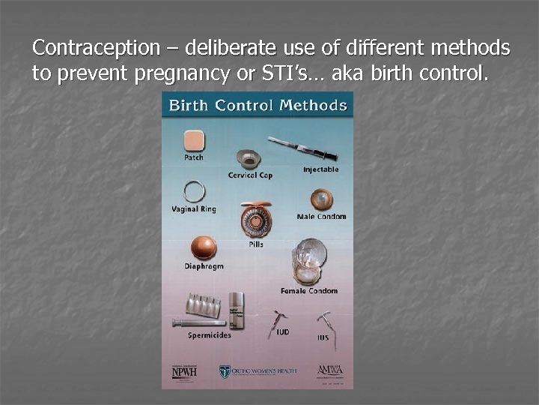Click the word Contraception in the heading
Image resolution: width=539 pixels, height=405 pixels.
click(x=97, y=49)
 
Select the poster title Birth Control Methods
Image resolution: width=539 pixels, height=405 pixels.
click(x=258, y=105)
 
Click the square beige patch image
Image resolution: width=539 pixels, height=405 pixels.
click(x=194, y=140)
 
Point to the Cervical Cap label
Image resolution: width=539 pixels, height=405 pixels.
click(x=250, y=175)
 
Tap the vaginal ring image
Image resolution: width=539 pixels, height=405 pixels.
click(x=194, y=192)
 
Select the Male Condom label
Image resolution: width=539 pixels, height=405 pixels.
click(x=321, y=217)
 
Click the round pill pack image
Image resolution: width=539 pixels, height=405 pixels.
click(x=255, y=220)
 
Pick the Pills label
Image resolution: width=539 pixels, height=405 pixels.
click(x=256, y=244)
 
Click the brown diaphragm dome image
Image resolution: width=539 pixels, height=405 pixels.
click(x=203, y=247)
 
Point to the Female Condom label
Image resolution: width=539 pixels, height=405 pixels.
click(x=309, y=291)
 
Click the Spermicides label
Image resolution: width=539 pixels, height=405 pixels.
click(x=210, y=335)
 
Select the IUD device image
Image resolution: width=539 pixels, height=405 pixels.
click(x=278, y=321)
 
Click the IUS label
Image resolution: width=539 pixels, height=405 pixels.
click(x=323, y=338)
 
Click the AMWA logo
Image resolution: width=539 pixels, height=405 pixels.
click(x=329, y=370)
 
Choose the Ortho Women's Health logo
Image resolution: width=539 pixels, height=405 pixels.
click(x=258, y=371)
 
